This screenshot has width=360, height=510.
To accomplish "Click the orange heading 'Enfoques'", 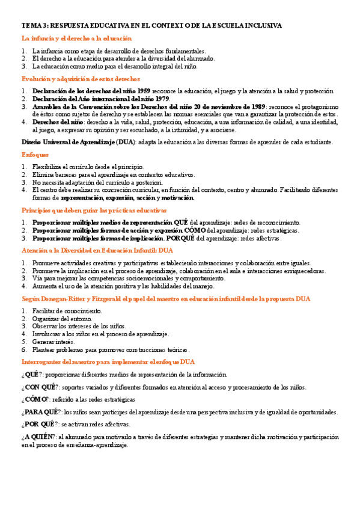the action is tap(35, 155).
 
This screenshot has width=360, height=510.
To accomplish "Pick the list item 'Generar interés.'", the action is tap(53, 342).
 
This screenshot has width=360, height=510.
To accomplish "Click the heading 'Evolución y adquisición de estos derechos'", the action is tap(81, 79).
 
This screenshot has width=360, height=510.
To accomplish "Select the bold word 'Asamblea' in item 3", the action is tap(49, 106).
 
